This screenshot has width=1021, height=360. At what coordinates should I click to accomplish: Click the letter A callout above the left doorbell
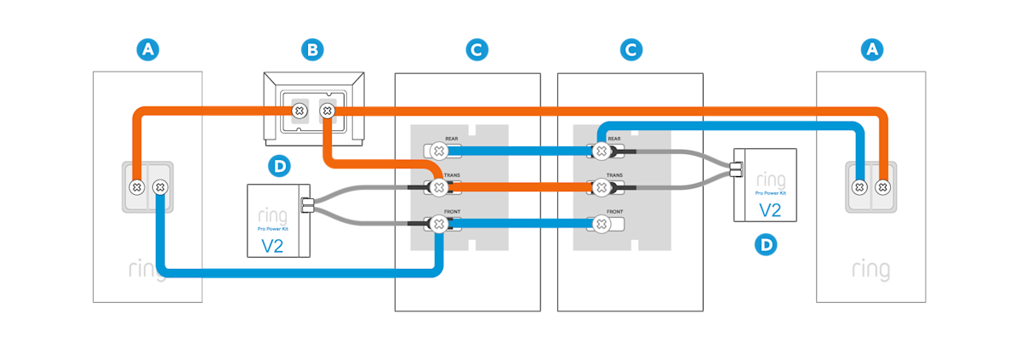148,51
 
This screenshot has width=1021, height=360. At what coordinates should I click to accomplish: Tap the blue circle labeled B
312,51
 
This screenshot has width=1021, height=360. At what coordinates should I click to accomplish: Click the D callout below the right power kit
766,245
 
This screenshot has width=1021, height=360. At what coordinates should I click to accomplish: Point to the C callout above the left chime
476,51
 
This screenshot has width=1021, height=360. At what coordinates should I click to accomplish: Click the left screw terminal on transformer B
299,111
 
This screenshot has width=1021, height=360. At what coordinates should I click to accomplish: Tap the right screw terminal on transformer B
327,111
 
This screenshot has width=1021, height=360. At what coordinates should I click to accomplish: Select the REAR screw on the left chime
438,151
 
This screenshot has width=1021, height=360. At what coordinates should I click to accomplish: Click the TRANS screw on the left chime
438,187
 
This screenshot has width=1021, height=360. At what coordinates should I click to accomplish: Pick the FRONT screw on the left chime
438,225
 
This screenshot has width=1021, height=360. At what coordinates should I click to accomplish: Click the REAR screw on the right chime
601,151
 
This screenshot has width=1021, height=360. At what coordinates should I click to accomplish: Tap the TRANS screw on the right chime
601,187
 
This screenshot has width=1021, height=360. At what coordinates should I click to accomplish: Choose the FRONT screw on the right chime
601,225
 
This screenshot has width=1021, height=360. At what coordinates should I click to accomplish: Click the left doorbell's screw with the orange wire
135,186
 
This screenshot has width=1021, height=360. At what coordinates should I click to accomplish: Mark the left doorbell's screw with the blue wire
160,186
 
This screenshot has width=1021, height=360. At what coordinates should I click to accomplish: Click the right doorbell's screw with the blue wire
859,186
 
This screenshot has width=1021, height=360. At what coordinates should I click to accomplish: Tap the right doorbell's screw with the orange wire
883,186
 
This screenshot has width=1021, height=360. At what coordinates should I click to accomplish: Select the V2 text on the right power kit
769,210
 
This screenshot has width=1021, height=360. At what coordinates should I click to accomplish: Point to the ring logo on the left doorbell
146,271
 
